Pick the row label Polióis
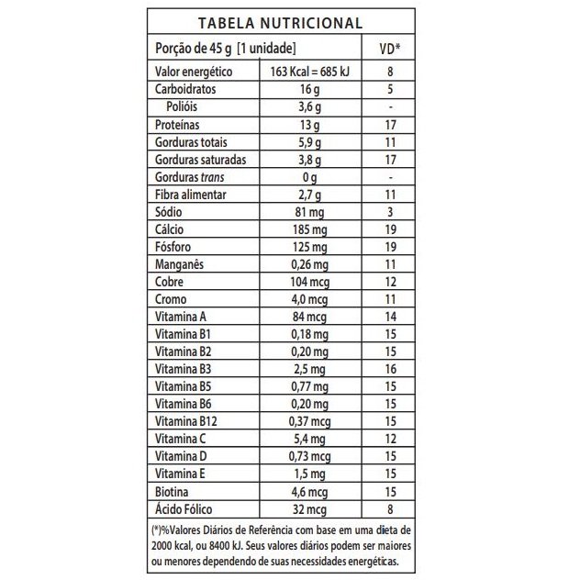pyautogui.click(x=186, y=107)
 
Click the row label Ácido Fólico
pyautogui.click(x=186, y=508)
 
